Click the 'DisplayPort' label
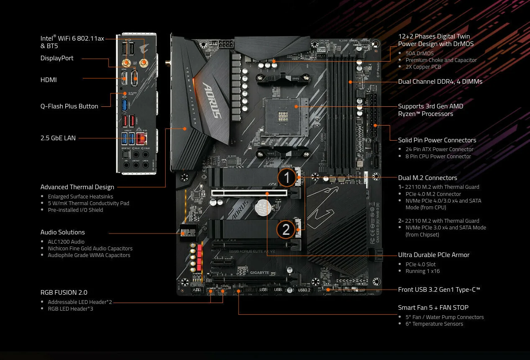57,58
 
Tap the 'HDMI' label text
49,80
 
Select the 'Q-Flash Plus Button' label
69,106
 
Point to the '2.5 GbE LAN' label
58,138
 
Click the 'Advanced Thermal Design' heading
77,187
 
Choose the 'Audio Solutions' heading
63,232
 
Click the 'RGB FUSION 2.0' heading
64,293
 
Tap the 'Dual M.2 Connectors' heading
428,178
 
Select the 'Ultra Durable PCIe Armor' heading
434,255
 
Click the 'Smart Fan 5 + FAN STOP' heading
433,308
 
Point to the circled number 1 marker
287,177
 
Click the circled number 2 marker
286,230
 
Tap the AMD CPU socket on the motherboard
284,111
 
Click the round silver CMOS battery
264,207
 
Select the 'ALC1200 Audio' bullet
66,242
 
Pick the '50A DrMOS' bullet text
420,54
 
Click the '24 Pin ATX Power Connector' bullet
440,149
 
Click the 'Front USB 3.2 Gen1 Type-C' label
439,290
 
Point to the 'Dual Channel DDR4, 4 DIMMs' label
440,82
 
